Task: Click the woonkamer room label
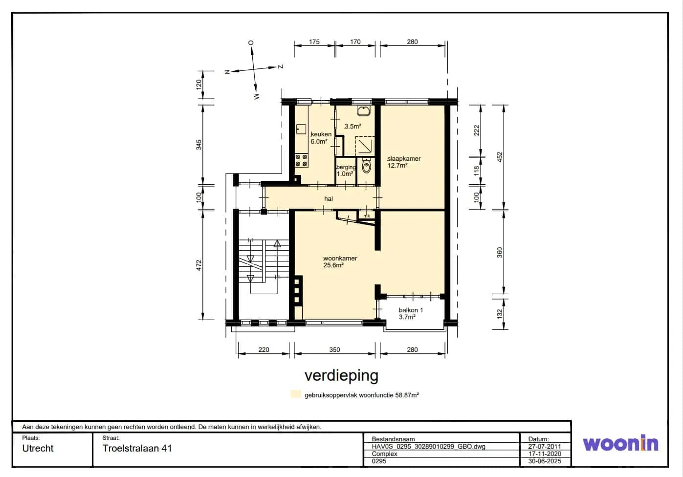coord(340,259)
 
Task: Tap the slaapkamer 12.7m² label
coord(404,162)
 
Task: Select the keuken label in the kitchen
coord(321,134)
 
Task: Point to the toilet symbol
coord(366,165)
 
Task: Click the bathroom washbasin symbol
coord(363,111)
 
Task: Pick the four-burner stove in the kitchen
coord(301,160)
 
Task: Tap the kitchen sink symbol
coord(301,129)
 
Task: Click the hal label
coord(329,199)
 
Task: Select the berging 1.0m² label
coord(346,171)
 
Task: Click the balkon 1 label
coord(411,310)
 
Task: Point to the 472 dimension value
coord(199,265)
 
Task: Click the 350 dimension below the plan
coord(334,349)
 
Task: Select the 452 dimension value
coord(500,157)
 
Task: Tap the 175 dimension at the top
coord(314,42)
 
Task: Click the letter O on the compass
coord(251,43)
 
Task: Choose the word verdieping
coord(341,375)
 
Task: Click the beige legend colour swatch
coord(296,394)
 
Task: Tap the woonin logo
coord(620,443)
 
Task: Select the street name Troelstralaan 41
coord(137,448)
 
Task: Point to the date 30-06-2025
coord(545,461)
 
